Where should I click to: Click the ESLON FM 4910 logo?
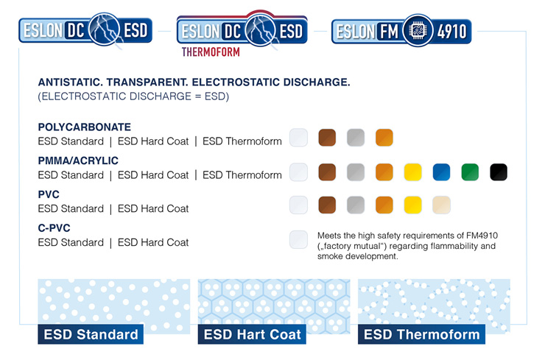point(401,31)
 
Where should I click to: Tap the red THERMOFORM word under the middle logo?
point(211,53)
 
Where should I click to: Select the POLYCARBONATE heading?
point(84,127)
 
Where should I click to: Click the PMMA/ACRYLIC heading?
point(78,160)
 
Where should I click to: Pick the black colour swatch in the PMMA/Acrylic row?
point(499,172)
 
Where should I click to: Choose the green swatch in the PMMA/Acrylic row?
point(470,172)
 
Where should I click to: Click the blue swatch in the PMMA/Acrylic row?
point(441,172)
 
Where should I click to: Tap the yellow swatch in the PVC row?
point(413,205)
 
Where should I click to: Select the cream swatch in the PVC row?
point(441,205)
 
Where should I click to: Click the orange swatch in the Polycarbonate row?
point(384,138)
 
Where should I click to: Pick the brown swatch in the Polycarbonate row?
point(327,138)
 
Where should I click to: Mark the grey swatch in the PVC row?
point(356,205)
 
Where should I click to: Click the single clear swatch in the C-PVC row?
point(298,239)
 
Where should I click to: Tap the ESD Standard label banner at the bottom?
point(91,334)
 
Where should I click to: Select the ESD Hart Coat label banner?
point(253,334)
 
